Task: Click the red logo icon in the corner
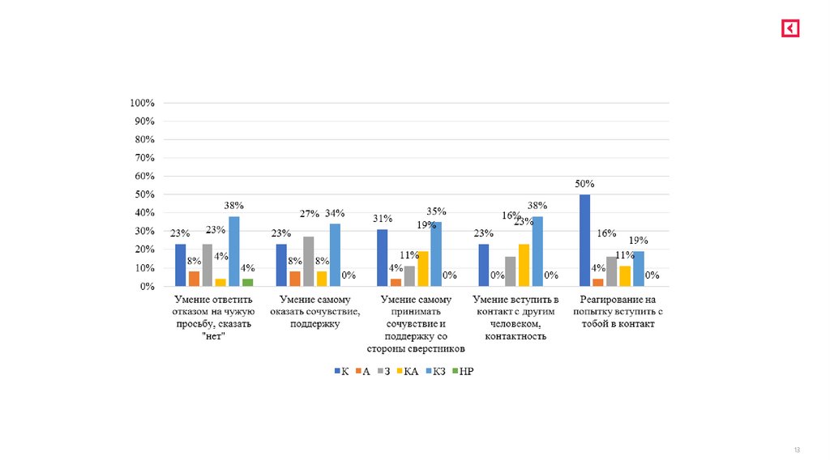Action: [x=790, y=28]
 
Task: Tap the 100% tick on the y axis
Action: [x=142, y=104]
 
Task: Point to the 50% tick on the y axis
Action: [x=144, y=195]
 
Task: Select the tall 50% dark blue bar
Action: [x=584, y=241]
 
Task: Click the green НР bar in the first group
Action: [x=247, y=283]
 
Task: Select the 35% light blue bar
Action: [x=436, y=254]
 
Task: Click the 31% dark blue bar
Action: [x=382, y=258]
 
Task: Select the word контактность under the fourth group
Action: [x=516, y=336]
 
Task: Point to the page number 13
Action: [x=797, y=450]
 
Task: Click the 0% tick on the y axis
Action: [x=147, y=287]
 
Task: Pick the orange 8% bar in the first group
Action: [x=193, y=279]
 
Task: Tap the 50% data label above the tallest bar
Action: [x=584, y=186]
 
